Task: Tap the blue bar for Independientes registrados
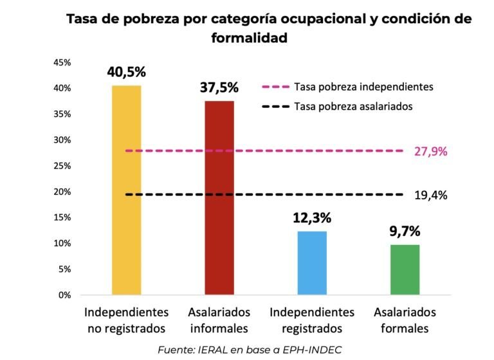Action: point(312,263)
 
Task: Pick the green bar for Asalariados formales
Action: point(405,269)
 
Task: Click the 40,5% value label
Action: point(127,71)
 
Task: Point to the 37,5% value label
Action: point(219,87)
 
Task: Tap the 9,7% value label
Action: point(405,230)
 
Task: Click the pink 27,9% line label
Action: point(431,152)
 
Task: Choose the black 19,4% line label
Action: point(431,195)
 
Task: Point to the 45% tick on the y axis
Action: point(62,62)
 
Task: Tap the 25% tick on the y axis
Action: point(62,166)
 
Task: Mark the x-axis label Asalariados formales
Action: point(405,320)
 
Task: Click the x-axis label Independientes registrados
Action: point(312,320)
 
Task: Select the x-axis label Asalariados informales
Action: point(219,320)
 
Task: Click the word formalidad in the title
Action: point(249,38)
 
